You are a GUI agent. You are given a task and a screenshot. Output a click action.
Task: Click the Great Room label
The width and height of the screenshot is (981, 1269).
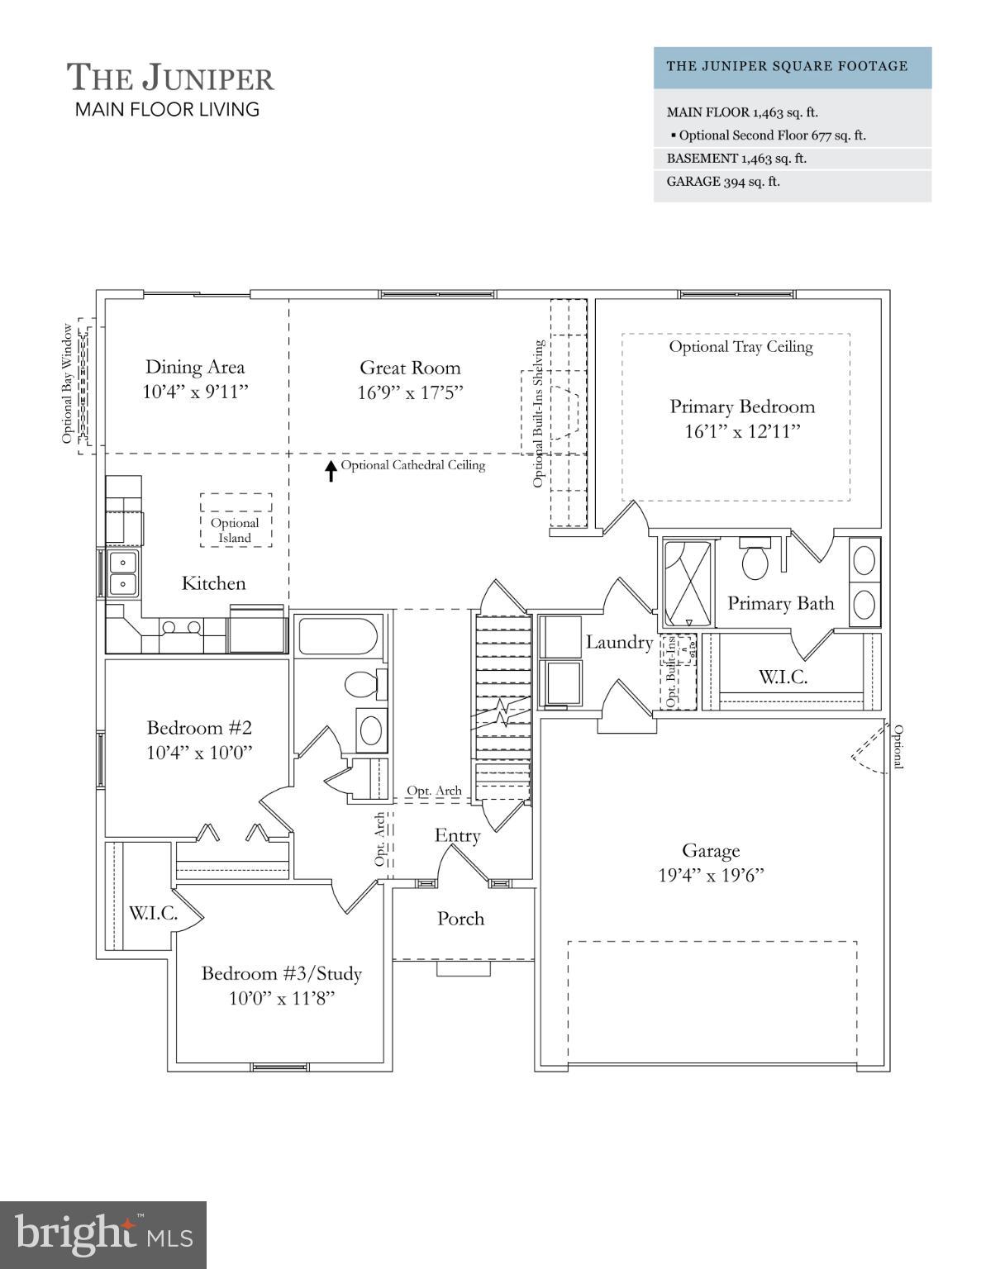(410, 368)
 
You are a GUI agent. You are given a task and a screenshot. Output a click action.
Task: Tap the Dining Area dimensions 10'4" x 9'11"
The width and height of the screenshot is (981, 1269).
(195, 392)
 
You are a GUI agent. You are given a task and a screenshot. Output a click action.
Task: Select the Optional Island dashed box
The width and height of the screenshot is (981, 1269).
(236, 520)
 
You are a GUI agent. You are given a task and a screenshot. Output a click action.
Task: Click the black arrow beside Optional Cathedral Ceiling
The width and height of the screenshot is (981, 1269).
(331, 470)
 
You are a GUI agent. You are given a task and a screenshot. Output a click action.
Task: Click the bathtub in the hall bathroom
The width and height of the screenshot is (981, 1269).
(338, 636)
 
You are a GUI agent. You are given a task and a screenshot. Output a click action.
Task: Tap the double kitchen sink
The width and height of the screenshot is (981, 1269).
(124, 573)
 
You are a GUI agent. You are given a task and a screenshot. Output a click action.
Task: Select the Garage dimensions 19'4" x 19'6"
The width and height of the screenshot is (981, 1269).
(711, 875)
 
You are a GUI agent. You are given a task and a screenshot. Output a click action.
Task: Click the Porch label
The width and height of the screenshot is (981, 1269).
(460, 918)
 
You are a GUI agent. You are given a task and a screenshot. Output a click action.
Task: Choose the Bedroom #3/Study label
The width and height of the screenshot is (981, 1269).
(282, 973)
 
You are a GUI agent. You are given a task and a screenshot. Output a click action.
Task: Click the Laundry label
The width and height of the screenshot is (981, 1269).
(619, 642)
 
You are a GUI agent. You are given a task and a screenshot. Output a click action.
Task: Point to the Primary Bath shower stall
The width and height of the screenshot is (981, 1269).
(688, 583)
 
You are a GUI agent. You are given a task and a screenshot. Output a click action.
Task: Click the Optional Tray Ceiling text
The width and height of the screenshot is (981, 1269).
(741, 347)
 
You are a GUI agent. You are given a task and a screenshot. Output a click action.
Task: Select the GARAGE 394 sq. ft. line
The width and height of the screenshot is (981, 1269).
(723, 182)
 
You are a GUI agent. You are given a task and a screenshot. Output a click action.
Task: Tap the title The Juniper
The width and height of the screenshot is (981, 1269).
(170, 78)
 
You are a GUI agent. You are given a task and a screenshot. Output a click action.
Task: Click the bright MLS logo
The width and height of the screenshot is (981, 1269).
(103, 1234)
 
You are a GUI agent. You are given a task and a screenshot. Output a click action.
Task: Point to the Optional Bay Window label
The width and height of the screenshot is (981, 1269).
(67, 383)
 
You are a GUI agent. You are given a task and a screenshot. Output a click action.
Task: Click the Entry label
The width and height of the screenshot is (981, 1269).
(457, 835)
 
